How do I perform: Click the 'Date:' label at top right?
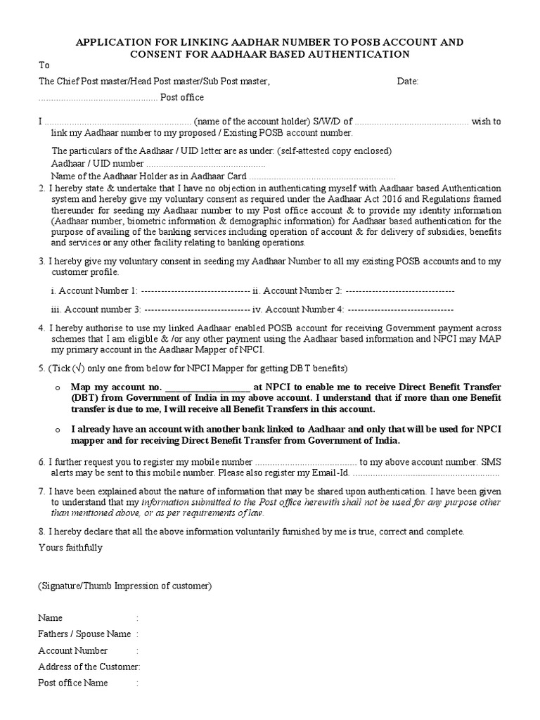click(x=408, y=82)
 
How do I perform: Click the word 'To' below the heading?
click(x=44, y=65)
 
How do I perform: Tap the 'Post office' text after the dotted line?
click(x=182, y=97)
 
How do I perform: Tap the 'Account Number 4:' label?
click(x=300, y=309)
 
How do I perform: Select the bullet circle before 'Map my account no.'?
click(x=57, y=387)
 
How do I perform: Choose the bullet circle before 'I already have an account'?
click(x=57, y=430)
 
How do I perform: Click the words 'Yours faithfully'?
click(x=70, y=548)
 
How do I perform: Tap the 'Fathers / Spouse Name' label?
click(x=84, y=634)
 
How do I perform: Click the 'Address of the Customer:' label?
click(x=89, y=667)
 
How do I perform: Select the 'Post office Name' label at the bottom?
click(x=73, y=683)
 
